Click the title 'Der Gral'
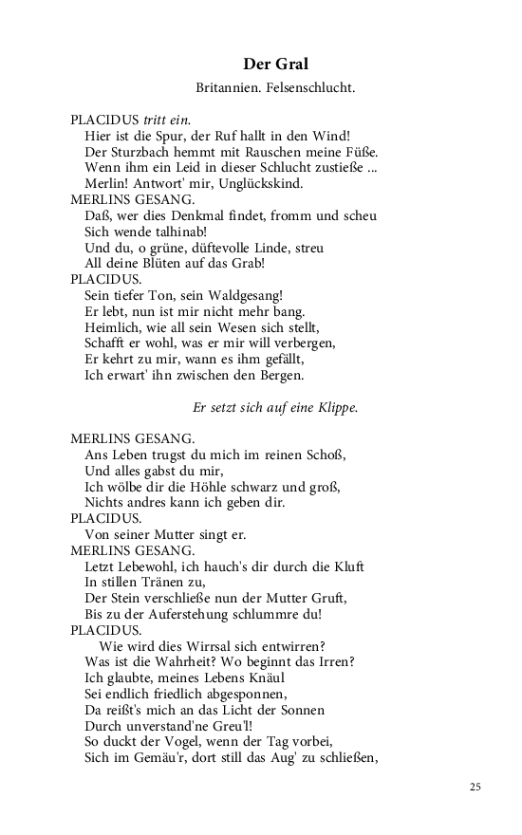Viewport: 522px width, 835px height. [x=274, y=65]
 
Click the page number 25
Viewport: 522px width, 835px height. [x=475, y=787]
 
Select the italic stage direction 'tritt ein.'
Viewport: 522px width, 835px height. [x=167, y=121]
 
